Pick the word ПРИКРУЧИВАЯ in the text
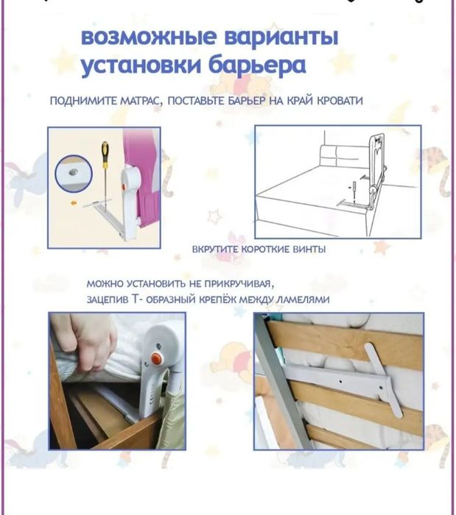(239, 283)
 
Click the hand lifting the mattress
(86, 338)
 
